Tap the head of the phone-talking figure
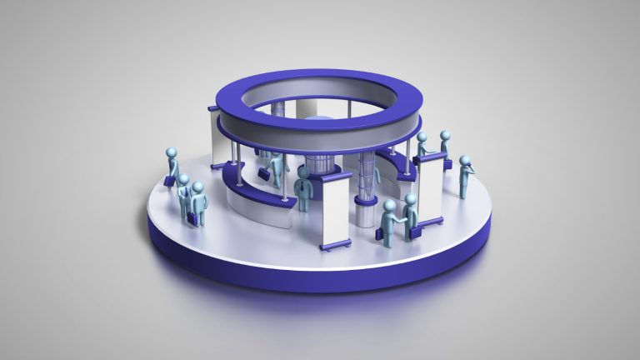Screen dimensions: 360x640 465,161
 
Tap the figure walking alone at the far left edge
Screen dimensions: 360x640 172,167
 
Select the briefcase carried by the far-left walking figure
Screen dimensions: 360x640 169,179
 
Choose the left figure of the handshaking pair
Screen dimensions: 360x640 388,221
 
